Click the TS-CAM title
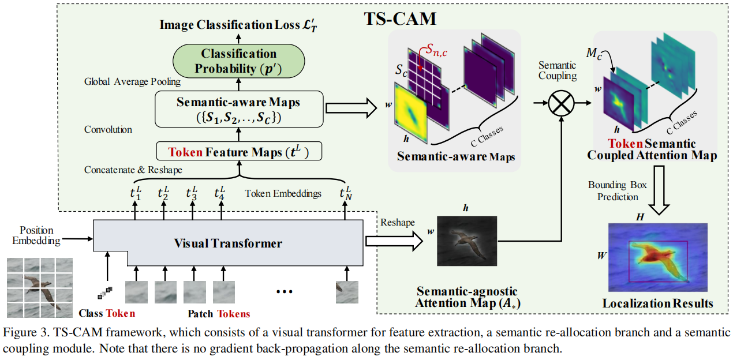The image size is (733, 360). tap(400, 18)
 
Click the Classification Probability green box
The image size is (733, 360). tap(238, 61)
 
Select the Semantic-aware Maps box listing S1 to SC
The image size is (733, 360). tap(238, 108)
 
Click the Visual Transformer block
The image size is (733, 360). tap(228, 243)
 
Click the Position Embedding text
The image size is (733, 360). tap(36, 235)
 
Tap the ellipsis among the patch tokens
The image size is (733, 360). tap(285, 291)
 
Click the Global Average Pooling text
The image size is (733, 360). tap(132, 82)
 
